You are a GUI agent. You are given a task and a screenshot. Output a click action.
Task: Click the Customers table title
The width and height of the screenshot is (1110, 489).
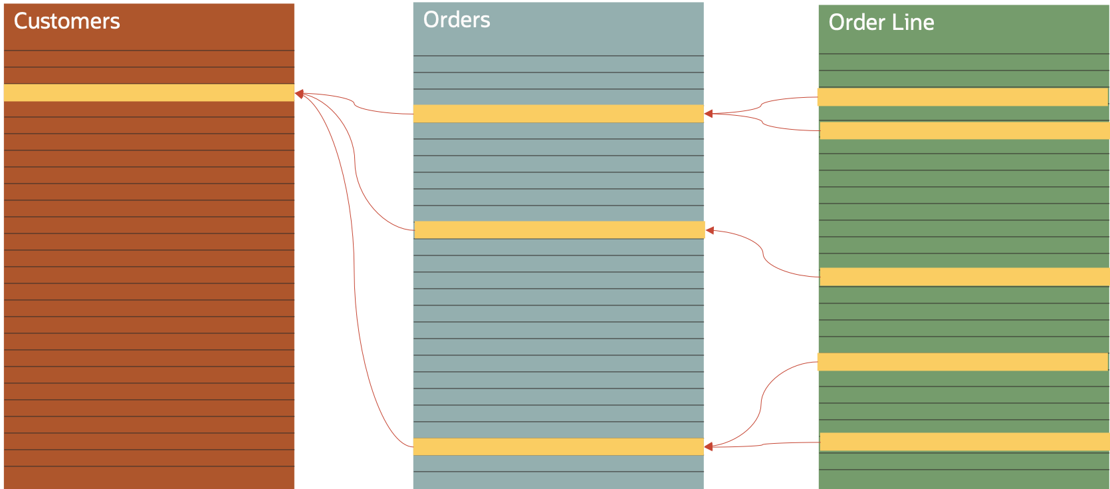click(66, 21)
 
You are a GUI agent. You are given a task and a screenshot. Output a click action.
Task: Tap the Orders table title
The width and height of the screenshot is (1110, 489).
click(457, 20)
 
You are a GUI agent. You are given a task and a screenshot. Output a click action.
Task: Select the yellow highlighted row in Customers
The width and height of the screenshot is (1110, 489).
click(149, 92)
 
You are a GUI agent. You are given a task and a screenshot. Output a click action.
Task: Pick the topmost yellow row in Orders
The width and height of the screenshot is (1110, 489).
click(558, 114)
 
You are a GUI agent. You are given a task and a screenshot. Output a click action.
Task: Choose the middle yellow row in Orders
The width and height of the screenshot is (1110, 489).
click(559, 230)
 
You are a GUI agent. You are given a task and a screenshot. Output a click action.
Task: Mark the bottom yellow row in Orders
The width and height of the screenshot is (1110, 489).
click(558, 446)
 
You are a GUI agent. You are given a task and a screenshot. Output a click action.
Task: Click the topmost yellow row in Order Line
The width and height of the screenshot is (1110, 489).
click(962, 97)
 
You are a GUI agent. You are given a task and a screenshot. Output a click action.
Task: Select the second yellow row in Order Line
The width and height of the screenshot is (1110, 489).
click(964, 130)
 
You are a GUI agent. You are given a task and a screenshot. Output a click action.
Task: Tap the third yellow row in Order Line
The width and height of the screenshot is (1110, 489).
click(964, 277)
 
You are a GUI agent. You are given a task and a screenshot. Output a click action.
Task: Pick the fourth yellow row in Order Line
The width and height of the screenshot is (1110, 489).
click(962, 362)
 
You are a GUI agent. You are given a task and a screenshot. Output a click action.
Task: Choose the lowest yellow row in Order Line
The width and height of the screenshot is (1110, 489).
click(964, 442)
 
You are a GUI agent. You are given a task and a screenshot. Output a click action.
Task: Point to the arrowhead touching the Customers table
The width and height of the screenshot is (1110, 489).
click(300, 94)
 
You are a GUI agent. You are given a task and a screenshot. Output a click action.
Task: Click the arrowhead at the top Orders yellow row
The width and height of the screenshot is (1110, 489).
click(709, 114)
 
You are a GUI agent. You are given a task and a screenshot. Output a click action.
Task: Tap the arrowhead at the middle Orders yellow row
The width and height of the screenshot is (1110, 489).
click(710, 230)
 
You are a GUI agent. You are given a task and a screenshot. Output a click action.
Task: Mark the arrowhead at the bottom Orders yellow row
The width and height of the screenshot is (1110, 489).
click(709, 446)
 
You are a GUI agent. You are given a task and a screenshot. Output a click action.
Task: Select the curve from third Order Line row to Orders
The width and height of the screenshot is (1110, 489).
click(764, 255)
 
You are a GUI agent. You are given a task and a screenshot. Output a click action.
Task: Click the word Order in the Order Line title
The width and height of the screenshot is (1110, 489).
click(856, 23)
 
